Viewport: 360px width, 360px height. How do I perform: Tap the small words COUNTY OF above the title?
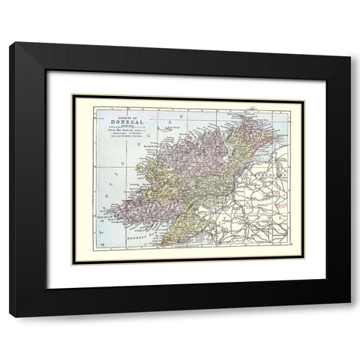(x=124, y=115)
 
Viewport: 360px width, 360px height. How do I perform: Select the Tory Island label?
(x=173, y=127)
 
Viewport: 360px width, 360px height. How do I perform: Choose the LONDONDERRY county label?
(x=273, y=172)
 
